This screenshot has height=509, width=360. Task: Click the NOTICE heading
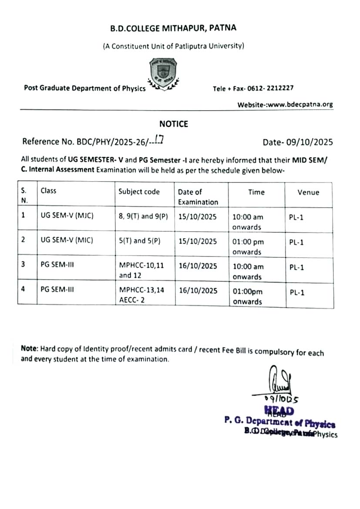pyautogui.click(x=173, y=124)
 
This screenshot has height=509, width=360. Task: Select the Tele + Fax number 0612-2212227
pyautogui.click(x=253, y=88)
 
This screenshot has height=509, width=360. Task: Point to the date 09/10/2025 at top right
pyautogui.click(x=298, y=142)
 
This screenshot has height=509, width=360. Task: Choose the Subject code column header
pyautogui.click(x=139, y=192)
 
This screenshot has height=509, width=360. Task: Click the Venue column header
pyautogui.click(x=308, y=192)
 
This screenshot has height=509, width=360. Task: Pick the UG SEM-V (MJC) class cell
pyautogui.click(x=67, y=216)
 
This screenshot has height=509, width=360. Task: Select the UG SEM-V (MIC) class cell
pyautogui.click(x=67, y=241)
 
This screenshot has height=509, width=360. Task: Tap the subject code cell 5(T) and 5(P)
pyautogui.click(x=139, y=241)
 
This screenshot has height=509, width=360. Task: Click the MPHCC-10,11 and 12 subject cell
pyautogui.click(x=141, y=270)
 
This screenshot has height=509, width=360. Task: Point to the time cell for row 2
pyautogui.click(x=248, y=246)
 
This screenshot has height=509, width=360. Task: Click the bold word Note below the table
pyautogui.click(x=29, y=349)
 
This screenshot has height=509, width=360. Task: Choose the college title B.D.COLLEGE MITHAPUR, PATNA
pyautogui.click(x=173, y=29)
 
